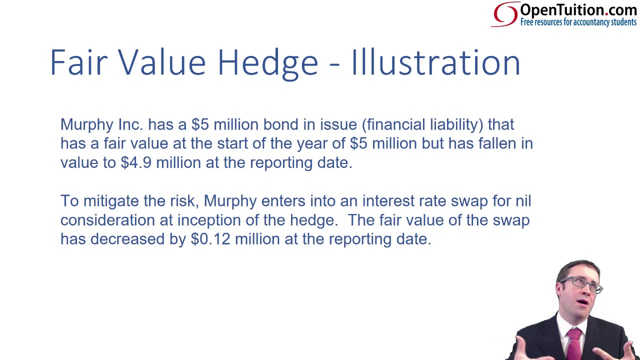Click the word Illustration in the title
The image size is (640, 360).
pos(435,63)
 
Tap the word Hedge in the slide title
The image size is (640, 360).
pos(267,63)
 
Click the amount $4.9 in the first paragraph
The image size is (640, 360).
pos(136,162)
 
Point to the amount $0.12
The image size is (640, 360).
pos(210,239)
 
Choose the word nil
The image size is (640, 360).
pos(523,201)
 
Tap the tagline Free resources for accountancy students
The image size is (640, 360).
pos(578,22)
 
